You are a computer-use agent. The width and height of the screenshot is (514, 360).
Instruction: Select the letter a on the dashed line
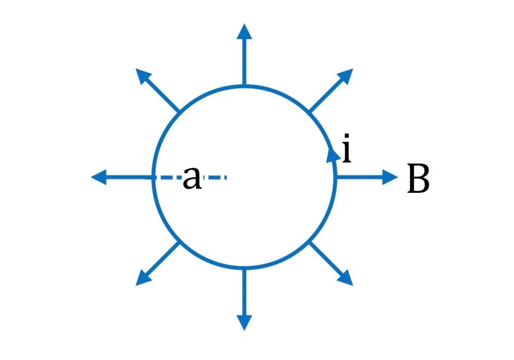pyautogui.click(x=192, y=177)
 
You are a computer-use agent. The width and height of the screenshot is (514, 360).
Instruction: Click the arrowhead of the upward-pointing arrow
pyautogui.click(x=244, y=31)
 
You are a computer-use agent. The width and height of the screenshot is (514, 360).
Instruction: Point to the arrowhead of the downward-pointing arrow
pyautogui.click(x=244, y=323)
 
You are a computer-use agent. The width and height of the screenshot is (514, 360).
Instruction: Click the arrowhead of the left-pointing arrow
pyautogui.click(x=98, y=177)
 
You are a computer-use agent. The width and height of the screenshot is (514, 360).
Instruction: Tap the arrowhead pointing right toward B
pyautogui.click(x=390, y=177)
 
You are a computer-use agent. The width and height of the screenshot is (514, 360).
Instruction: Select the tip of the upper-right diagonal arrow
pyautogui.click(x=353, y=68)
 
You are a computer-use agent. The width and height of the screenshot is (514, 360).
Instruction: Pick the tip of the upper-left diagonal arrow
pyautogui.click(x=135, y=68)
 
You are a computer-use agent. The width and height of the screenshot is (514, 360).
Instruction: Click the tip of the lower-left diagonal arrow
pyautogui.click(x=135, y=286)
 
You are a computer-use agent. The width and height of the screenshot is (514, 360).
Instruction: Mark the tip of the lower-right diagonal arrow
pyautogui.click(x=353, y=286)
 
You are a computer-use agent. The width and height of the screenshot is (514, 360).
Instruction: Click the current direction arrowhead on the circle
pyautogui.click(x=333, y=155)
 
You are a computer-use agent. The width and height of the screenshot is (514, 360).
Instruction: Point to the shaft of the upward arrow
pyautogui.click(x=244, y=62)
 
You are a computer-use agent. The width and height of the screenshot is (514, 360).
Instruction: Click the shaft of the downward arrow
pyautogui.click(x=244, y=292)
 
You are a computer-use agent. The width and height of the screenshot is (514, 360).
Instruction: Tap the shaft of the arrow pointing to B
pyautogui.click(x=360, y=177)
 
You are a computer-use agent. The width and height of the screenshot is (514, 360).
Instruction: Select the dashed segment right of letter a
pyautogui.click(x=215, y=177)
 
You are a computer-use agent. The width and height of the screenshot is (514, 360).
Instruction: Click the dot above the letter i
pyautogui.click(x=347, y=136)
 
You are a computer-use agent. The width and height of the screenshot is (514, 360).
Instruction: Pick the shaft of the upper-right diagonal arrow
pyautogui.click(x=327, y=95)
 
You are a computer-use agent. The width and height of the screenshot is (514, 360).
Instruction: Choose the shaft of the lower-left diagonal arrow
pyautogui.click(x=162, y=259)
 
